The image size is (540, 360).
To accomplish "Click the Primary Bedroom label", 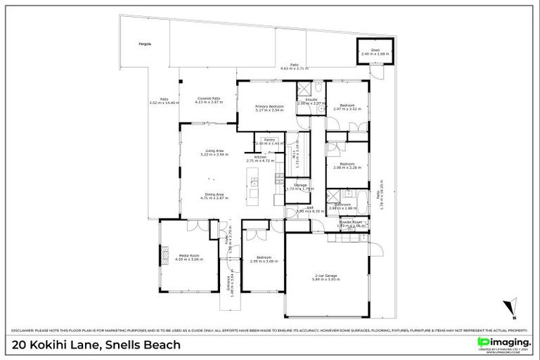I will pyautogui.click(x=269, y=108).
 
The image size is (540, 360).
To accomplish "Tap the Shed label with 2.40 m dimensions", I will pyautogui.click(x=375, y=51).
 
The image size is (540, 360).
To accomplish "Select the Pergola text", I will pyautogui.click(x=144, y=44).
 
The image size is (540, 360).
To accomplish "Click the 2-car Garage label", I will pyautogui.click(x=327, y=277).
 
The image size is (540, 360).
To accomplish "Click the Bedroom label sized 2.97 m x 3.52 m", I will pyautogui.click(x=347, y=107).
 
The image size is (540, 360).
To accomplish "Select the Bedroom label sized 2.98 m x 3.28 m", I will pyautogui.click(x=347, y=165).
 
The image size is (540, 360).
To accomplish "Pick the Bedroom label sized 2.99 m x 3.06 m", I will pyautogui.click(x=264, y=259).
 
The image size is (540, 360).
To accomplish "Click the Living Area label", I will pyautogui.click(x=214, y=152).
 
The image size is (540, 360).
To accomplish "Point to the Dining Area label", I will pyautogui.click(x=214, y=195).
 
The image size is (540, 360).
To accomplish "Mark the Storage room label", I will pyautogui.click(x=300, y=186).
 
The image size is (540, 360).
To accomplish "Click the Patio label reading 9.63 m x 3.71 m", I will pyautogui.click(x=295, y=66).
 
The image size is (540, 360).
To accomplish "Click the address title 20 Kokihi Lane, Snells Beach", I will pyautogui.click(x=96, y=345).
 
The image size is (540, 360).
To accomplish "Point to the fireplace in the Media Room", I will pyautogui.click(x=167, y=252).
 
